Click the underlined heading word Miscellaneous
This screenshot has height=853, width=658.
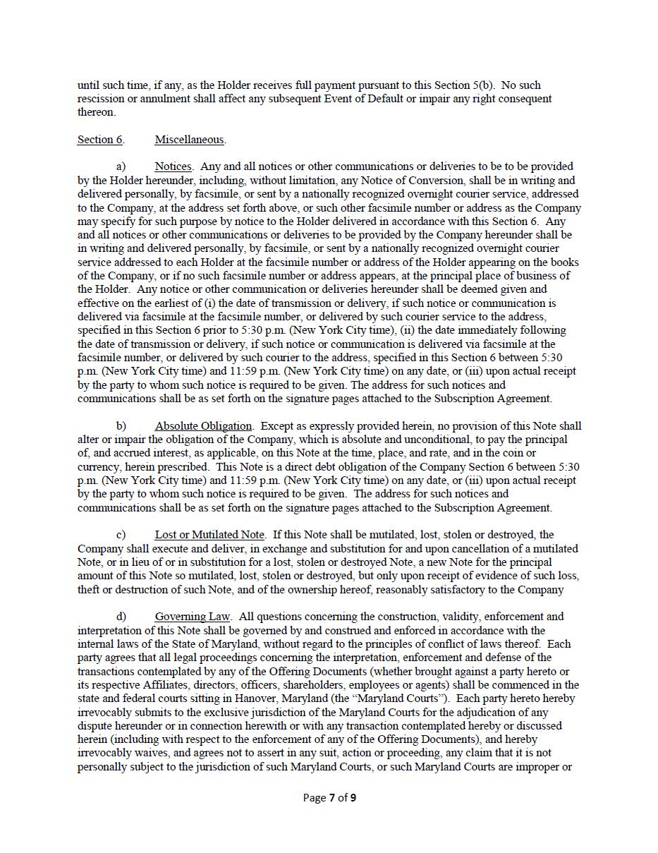pyautogui.click(x=190, y=140)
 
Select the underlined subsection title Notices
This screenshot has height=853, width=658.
pyautogui.click(x=173, y=167)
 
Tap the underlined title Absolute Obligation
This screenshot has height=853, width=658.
pyautogui.click(x=203, y=426)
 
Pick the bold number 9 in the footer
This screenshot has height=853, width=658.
pyautogui.click(x=353, y=798)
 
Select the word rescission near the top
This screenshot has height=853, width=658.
pyautogui.click(x=100, y=99)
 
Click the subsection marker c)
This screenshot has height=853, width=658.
pyautogui.click(x=121, y=535)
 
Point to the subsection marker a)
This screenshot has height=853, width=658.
pyautogui.click(x=121, y=167)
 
